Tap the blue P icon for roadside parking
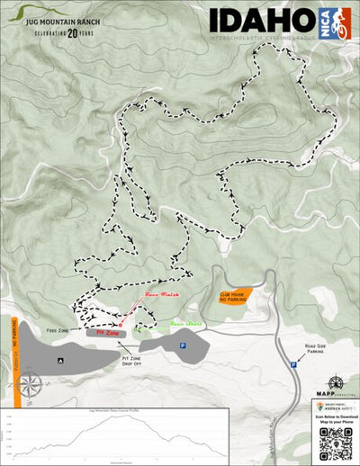pyautogui.click(x=293, y=364)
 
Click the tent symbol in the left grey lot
pyautogui.click(x=59, y=360)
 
